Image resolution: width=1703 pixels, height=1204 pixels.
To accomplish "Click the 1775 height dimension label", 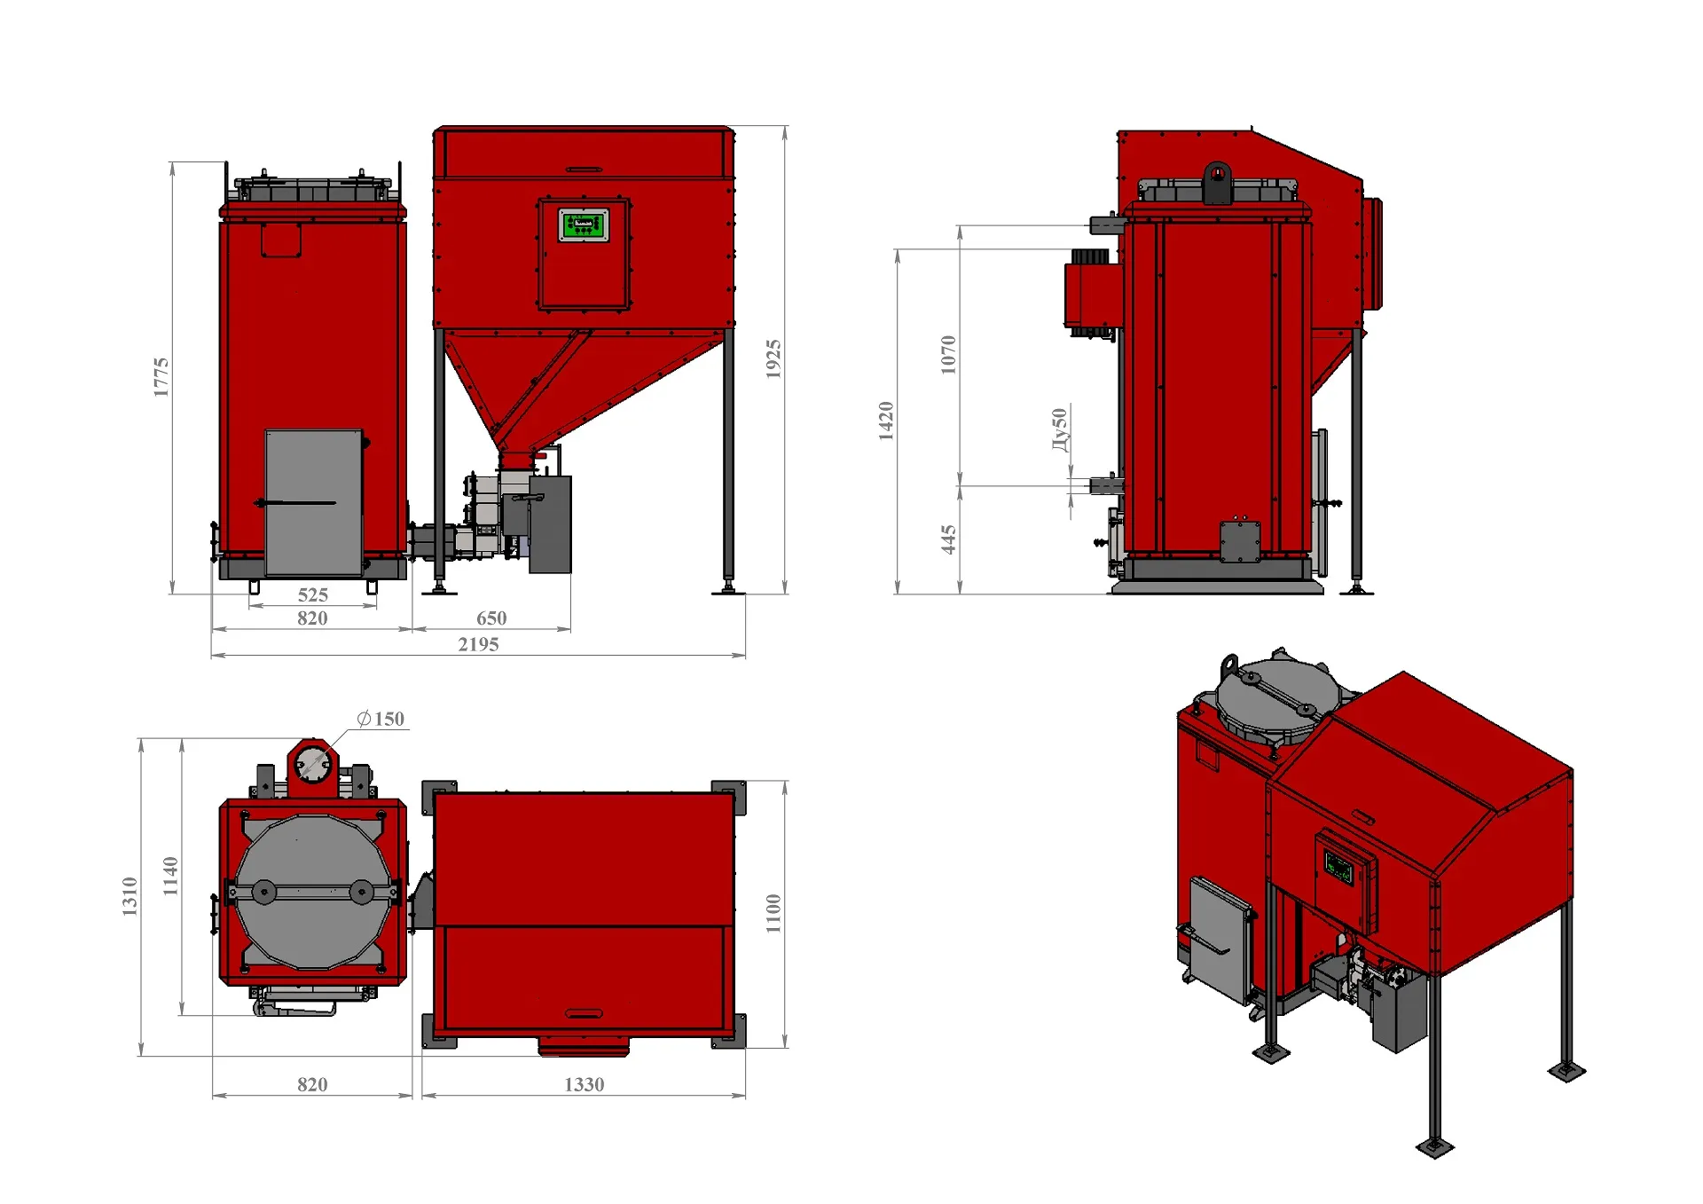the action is click(161, 377).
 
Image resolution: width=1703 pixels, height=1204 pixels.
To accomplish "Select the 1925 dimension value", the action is click(773, 358).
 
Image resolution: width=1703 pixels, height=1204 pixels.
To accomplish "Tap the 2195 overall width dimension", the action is click(478, 644).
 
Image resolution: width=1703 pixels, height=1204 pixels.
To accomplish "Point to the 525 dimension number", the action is click(312, 594).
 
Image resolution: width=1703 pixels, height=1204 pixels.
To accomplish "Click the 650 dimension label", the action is click(491, 618).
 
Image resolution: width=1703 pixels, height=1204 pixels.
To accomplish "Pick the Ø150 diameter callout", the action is click(381, 719).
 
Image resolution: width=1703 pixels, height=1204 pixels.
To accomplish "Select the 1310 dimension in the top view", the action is click(130, 896).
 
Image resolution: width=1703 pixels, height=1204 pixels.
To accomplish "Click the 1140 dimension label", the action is click(170, 876).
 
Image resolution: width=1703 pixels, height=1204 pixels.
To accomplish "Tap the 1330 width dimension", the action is click(584, 1084).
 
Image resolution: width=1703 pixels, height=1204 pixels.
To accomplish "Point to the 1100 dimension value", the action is click(773, 913).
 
